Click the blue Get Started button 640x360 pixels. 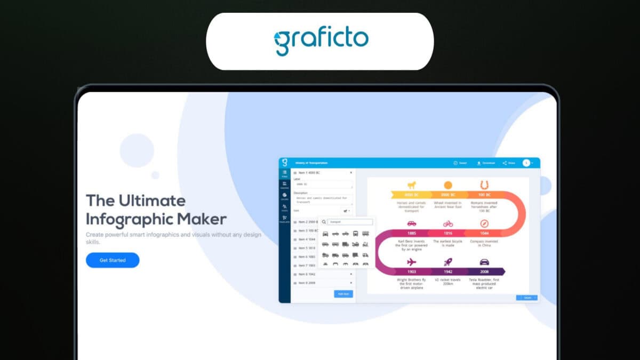click(x=113, y=260)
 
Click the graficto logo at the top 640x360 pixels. click(x=321, y=42)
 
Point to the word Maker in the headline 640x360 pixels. click(x=203, y=219)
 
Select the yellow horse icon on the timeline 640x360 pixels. click(x=411, y=185)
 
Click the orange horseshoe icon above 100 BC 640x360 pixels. click(x=484, y=185)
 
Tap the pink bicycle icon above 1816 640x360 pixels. click(x=448, y=223)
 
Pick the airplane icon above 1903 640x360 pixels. click(x=411, y=262)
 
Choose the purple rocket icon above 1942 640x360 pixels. click(x=448, y=262)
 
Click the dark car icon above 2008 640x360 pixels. click(x=484, y=262)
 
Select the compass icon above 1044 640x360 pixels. click(x=484, y=223)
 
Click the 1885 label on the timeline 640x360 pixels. click(x=411, y=233)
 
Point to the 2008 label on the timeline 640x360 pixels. click(x=484, y=271)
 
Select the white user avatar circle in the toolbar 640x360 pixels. click(x=526, y=163)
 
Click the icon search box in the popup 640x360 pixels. click(x=350, y=222)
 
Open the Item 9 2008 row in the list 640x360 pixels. click(x=308, y=283)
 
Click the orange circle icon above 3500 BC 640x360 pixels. click(x=448, y=185)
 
